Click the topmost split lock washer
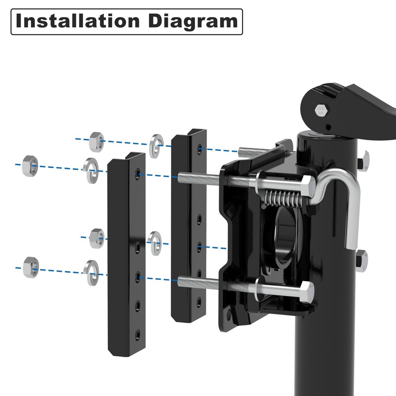pyautogui.click(x=156, y=146)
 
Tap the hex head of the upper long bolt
pyautogui.click(x=307, y=184)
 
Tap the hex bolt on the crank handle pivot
pyautogui.click(x=320, y=109)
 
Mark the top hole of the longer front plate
pyautogui.click(x=137, y=173)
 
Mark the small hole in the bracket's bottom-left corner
pyautogui.click(x=229, y=315)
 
